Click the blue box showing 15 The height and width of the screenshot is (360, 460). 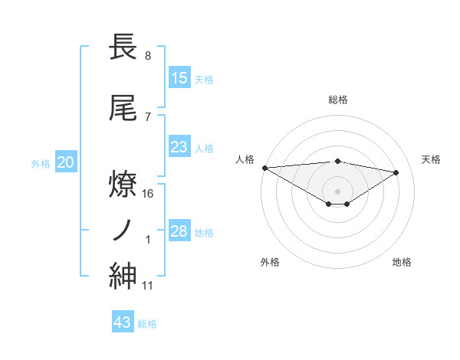click(179, 77)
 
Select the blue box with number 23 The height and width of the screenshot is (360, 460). click(179, 147)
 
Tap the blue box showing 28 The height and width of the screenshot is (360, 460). click(179, 231)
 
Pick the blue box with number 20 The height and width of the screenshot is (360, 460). click(66, 162)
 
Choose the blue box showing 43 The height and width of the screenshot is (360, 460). click(123, 322)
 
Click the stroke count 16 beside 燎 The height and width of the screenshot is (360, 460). click(149, 194)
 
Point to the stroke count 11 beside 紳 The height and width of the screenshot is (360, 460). click(148, 286)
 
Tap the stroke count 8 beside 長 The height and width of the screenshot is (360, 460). click(148, 56)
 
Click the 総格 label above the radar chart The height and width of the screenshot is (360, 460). click(338, 100)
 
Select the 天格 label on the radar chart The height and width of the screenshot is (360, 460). click(431, 159)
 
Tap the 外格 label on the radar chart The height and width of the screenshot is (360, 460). click(270, 262)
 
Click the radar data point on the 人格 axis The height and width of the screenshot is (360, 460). click(264, 168)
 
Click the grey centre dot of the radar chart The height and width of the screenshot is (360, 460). click(338, 190)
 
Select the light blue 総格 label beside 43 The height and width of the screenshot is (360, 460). click(147, 324)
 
